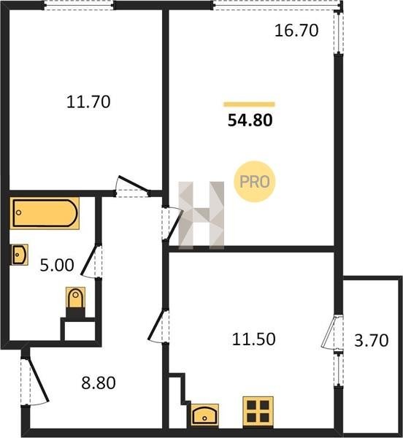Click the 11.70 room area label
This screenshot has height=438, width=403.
[88, 101]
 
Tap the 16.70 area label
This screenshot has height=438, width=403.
[296, 31]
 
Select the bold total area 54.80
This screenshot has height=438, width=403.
[250, 120]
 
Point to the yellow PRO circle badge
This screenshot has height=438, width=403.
[254, 182]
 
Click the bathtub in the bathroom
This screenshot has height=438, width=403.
[45, 213]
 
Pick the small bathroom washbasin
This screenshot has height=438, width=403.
[19, 255]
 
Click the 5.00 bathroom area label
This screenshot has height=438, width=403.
[57, 265]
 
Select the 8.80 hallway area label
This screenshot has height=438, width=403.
[99, 383]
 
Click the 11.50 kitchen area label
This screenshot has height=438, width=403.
[254, 339]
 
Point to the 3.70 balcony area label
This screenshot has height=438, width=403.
[372, 340]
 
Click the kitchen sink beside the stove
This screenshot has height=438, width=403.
[204, 415]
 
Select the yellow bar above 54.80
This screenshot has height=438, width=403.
[249, 104]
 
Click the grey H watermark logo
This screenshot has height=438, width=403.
[201, 215]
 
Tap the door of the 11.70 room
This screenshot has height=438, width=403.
[132, 184]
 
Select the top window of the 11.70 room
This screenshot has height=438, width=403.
[79, 6]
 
